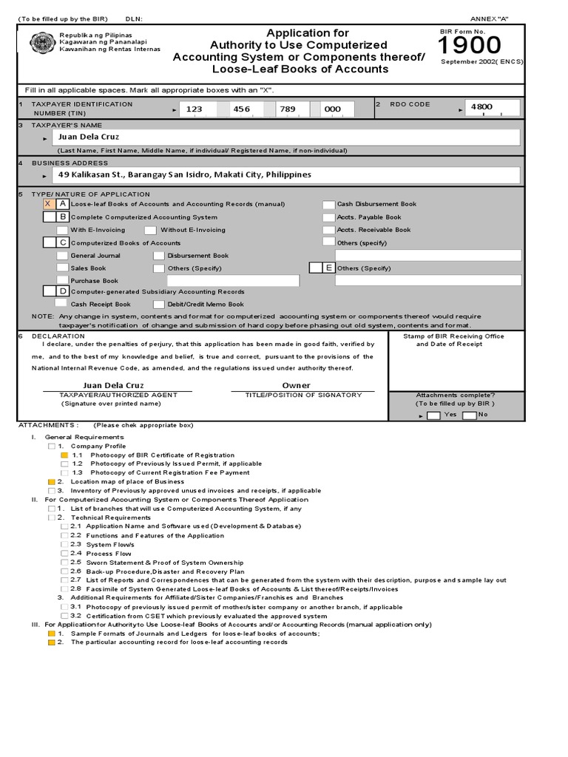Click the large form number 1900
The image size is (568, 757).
pos(470,46)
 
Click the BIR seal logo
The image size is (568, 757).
pos(41,44)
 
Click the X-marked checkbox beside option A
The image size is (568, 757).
pos(48,203)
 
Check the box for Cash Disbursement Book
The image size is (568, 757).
pos(328,204)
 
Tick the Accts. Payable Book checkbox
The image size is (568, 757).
pos(328,217)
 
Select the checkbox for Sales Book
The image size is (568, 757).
pos(63,268)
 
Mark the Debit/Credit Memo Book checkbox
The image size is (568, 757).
pos(159,304)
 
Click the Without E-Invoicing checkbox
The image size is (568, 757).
pos(151,230)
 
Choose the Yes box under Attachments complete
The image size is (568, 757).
pos(433,415)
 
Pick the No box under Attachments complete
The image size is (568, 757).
pos(469,415)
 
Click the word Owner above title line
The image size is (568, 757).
pos(296,385)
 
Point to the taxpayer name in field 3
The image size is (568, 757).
pos(89,137)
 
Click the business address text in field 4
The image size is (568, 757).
pos(185,175)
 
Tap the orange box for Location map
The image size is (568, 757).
pos(51,482)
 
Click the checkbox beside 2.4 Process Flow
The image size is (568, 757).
pos(64,554)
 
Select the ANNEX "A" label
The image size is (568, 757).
pos(490,18)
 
